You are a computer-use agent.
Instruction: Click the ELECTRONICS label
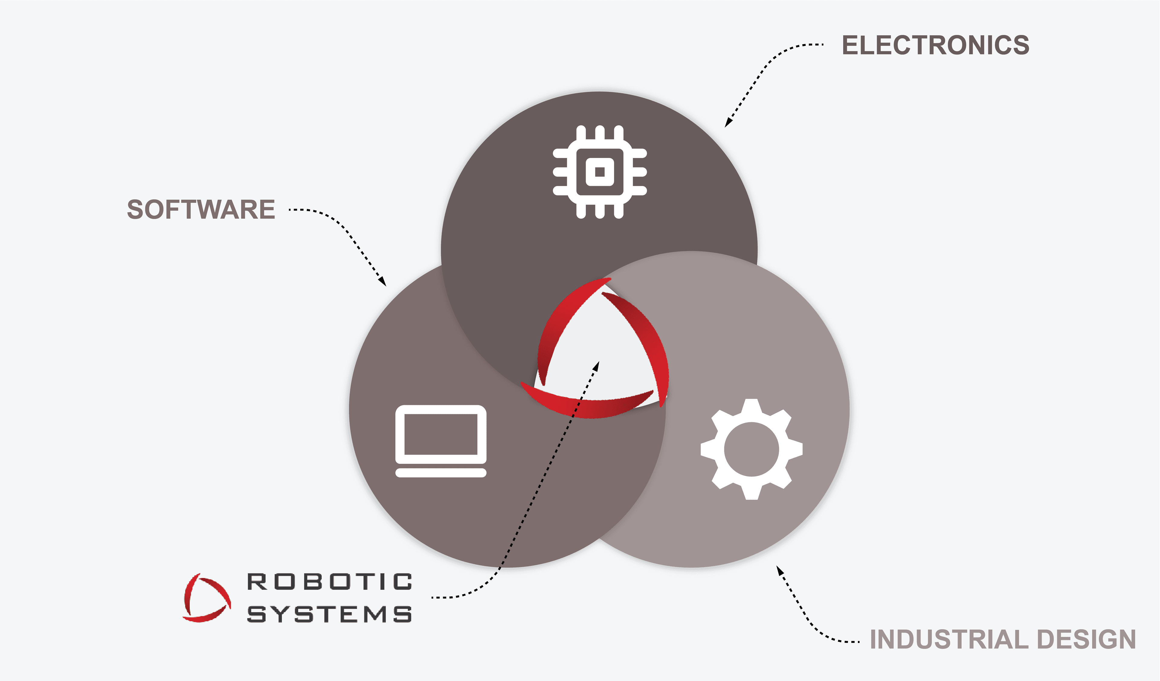(x=935, y=45)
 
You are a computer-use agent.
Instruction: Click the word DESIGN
(x=1087, y=640)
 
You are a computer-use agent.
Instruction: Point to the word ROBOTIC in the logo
(x=330, y=582)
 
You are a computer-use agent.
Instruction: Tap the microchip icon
(x=600, y=172)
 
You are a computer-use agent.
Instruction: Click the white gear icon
(x=752, y=449)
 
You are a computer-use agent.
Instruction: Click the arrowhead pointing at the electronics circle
(x=728, y=122)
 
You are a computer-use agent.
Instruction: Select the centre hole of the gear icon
(x=752, y=449)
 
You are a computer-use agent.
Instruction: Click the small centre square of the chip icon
(x=600, y=172)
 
